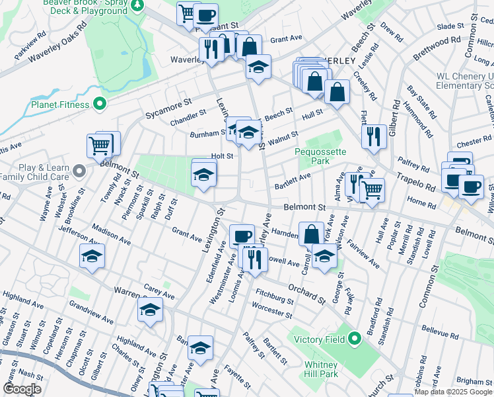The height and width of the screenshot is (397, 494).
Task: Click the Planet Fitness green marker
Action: tap(100, 104)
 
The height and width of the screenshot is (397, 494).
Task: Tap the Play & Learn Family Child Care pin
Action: tap(79, 172)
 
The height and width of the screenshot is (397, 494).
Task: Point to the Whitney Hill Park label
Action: tap(321, 370)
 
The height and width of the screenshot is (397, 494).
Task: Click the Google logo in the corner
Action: tap(22, 389)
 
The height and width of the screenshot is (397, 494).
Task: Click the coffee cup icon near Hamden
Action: tap(242, 236)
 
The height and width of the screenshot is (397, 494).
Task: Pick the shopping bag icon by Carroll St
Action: tap(311, 234)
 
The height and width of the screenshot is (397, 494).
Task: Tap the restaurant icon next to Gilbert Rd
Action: tap(374, 136)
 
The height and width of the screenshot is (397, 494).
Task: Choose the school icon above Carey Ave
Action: tap(150, 310)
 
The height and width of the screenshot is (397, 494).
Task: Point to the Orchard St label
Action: tap(306, 294)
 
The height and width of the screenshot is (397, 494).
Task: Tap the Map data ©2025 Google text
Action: tap(453, 392)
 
